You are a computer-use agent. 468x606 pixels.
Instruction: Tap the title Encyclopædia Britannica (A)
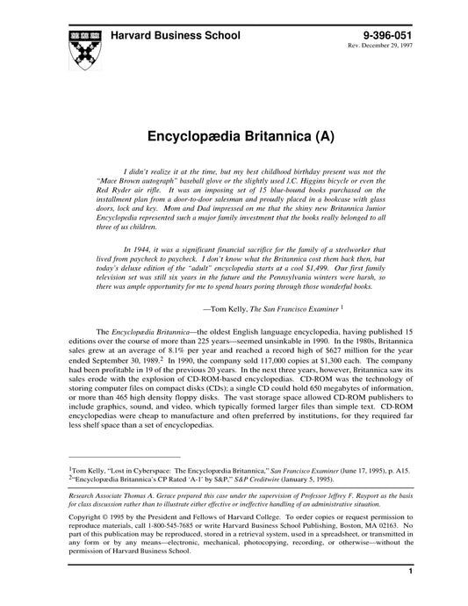click(234, 138)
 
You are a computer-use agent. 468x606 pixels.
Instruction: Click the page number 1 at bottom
click(411, 595)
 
